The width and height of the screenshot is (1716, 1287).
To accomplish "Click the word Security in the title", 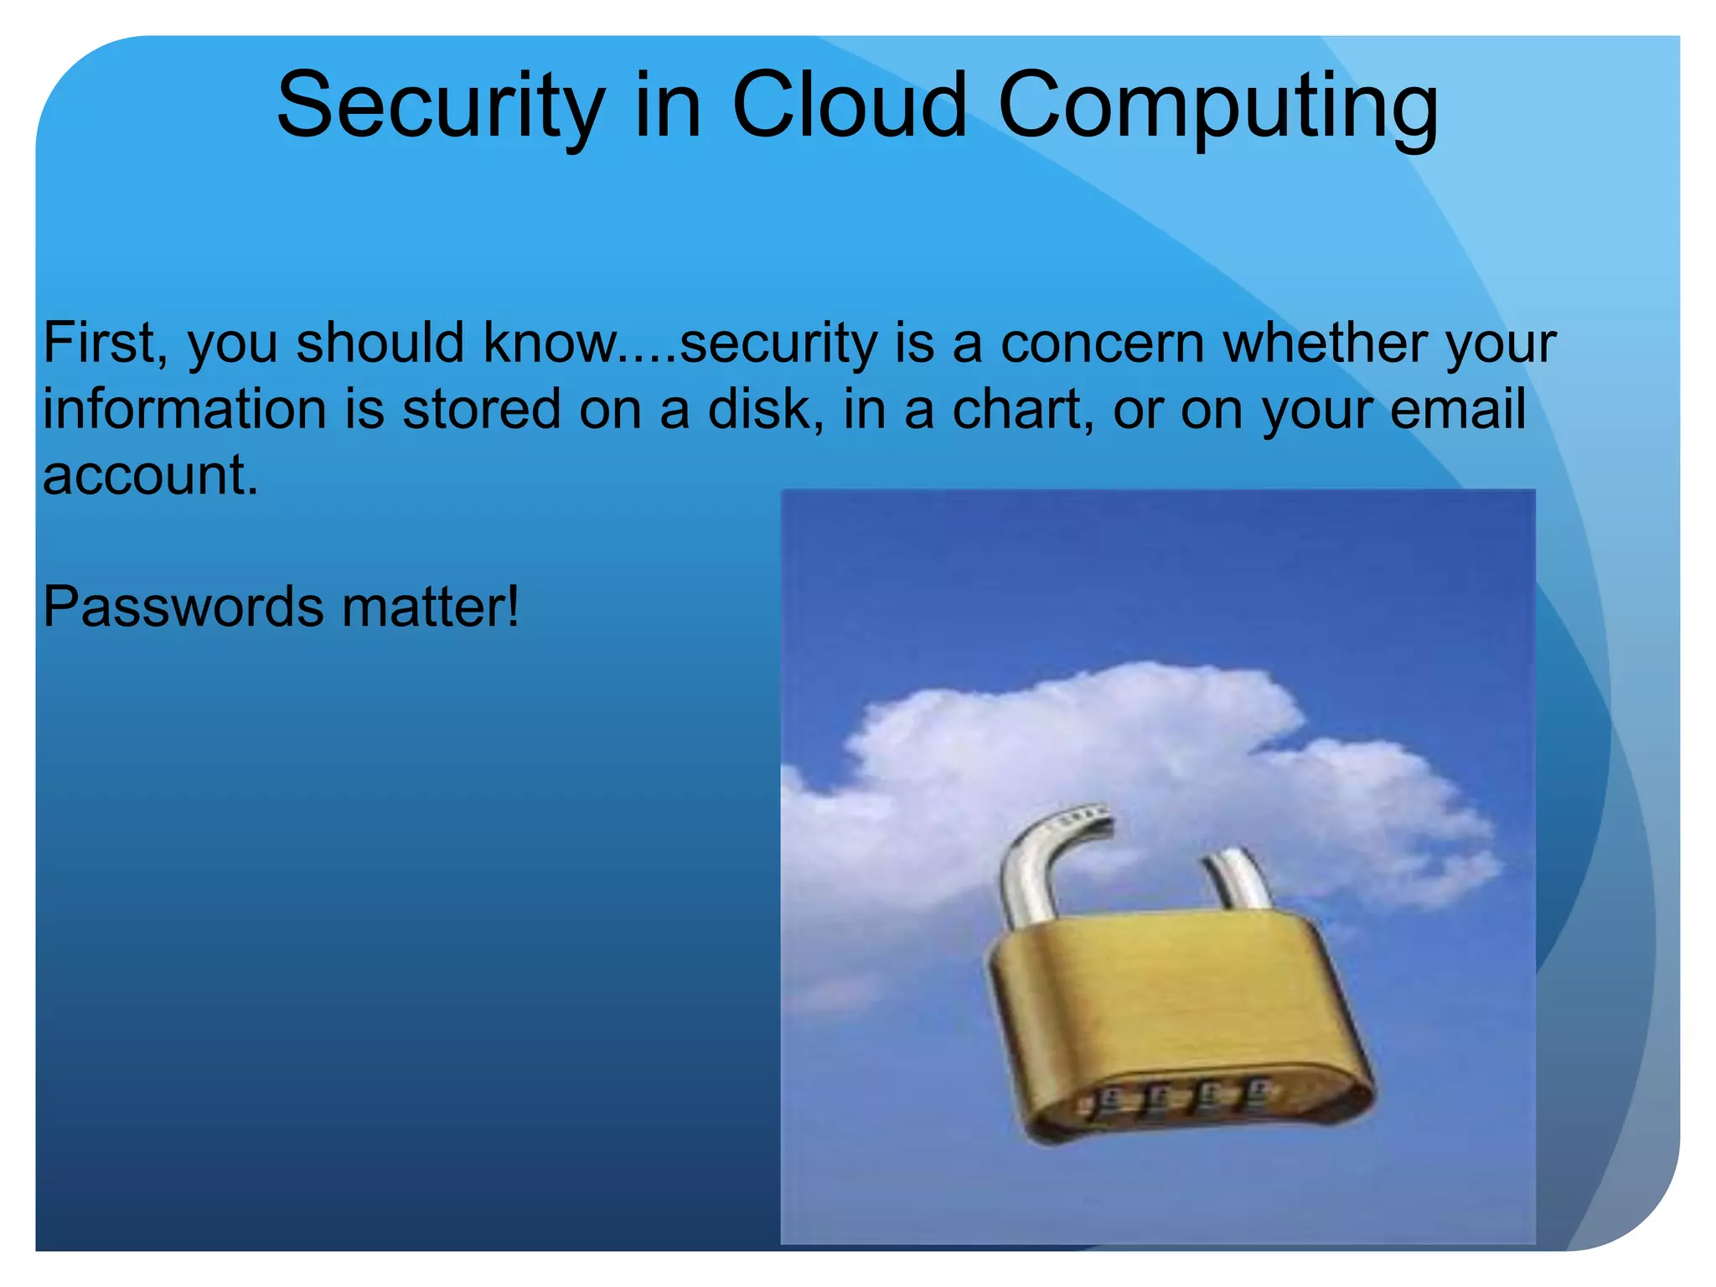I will [x=440, y=107].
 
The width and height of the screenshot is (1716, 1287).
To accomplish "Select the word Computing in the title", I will [x=1217, y=107].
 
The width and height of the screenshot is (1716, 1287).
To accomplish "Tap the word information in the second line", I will [x=184, y=410].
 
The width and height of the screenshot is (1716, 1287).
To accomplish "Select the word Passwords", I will [x=183, y=607].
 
